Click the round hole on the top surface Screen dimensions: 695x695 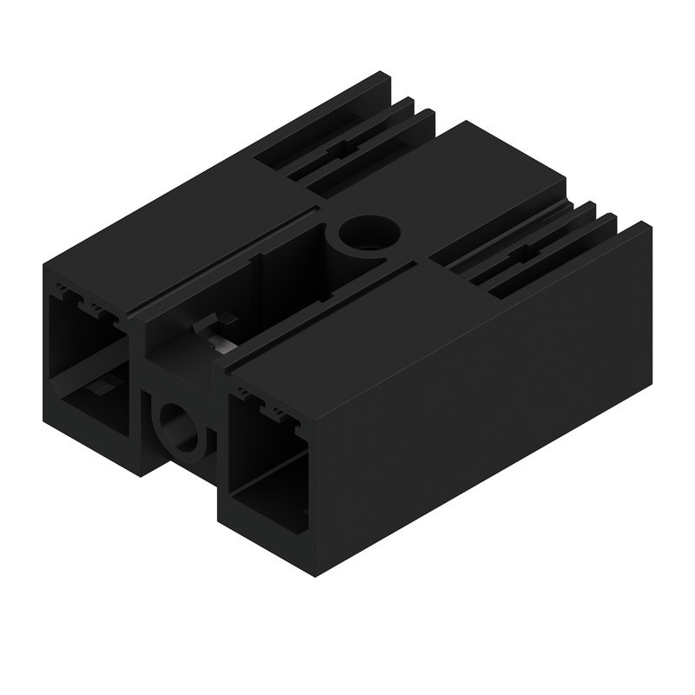coord(369,233)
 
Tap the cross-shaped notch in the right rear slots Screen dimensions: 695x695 coord(522,256)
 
